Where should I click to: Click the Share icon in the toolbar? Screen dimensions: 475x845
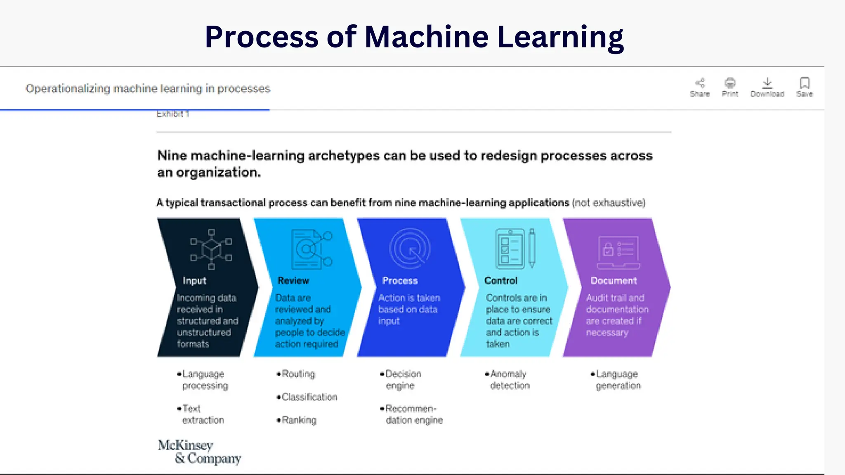point(700,83)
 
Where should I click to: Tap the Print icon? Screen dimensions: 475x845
point(730,83)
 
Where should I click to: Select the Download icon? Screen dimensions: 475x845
point(767,83)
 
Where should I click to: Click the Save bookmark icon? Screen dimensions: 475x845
point(805,83)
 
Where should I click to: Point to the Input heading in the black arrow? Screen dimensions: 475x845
point(194,280)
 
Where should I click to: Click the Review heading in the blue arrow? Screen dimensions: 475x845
point(293,280)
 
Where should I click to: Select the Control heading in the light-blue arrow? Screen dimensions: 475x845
point(500,280)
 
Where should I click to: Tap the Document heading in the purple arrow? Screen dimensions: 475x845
point(614,280)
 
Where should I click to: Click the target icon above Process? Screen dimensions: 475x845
point(410,249)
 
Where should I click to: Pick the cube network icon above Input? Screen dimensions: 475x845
point(211,249)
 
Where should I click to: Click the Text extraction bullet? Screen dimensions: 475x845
point(202,414)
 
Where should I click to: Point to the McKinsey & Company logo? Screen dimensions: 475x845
point(199,451)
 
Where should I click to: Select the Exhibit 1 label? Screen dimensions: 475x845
point(172,114)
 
